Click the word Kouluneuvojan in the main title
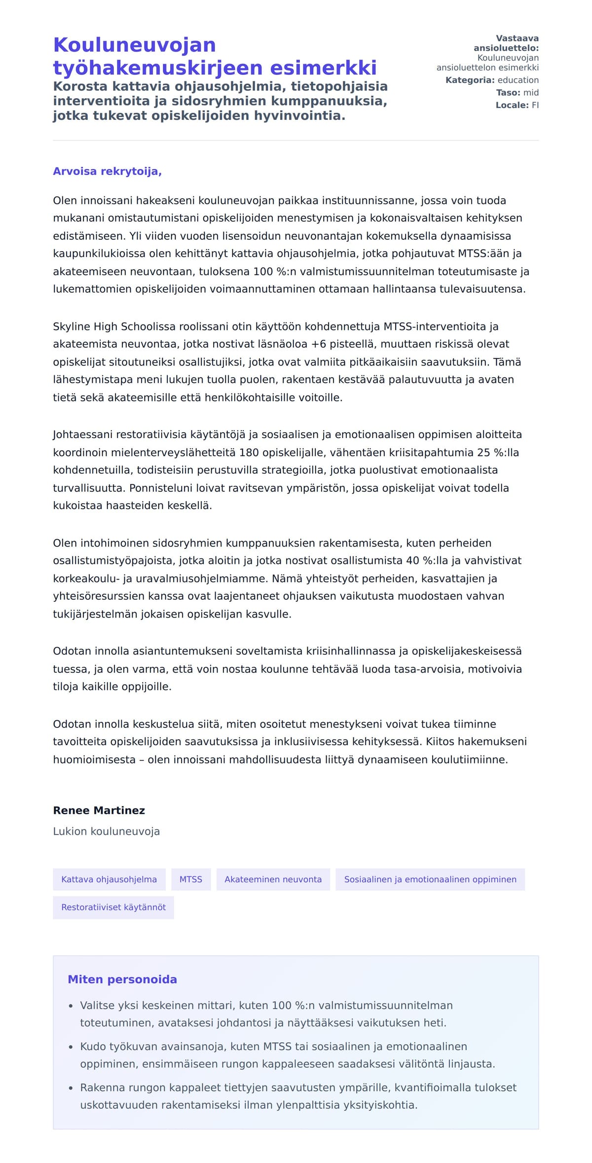click(x=134, y=45)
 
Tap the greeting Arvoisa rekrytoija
click(x=107, y=172)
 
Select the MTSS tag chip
click(x=191, y=879)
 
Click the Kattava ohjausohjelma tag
click(x=109, y=879)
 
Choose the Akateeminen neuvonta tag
click(x=273, y=879)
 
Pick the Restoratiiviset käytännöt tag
click(x=113, y=908)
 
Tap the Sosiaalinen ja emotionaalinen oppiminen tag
click(x=430, y=879)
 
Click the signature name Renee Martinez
click(x=99, y=810)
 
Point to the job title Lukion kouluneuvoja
click(x=106, y=832)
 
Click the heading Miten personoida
click(x=122, y=980)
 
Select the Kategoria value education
click(x=518, y=80)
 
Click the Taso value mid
click(x=531, y=93)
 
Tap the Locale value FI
click(x=535, y=105)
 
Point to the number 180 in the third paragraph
click(x=249, y=453)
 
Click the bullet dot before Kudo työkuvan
click(x=71, y=1048)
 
